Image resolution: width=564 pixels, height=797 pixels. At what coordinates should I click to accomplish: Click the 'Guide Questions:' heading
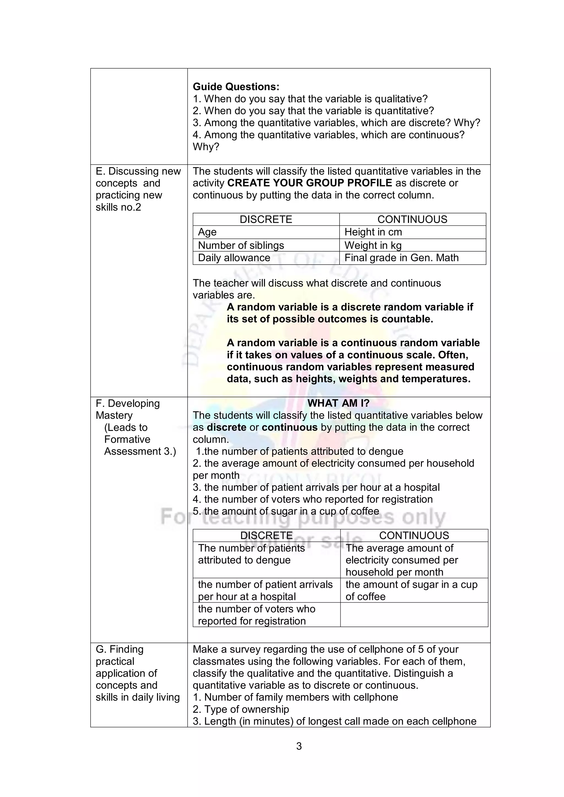(x=236, y=86)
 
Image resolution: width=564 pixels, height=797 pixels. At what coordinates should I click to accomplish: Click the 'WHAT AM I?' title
(x=338, y=403)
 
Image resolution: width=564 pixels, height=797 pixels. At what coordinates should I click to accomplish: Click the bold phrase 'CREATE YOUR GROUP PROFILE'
(x=310, y=183)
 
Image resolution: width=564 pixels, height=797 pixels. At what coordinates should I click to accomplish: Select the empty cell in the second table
(x=414, y=615)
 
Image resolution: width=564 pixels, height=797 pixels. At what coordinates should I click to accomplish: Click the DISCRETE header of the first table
(x=266, y=219)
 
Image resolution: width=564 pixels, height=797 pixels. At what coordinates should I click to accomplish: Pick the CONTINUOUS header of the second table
(x=414, y=535)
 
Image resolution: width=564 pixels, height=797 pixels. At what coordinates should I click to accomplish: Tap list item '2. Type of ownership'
(x=241, y=709)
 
